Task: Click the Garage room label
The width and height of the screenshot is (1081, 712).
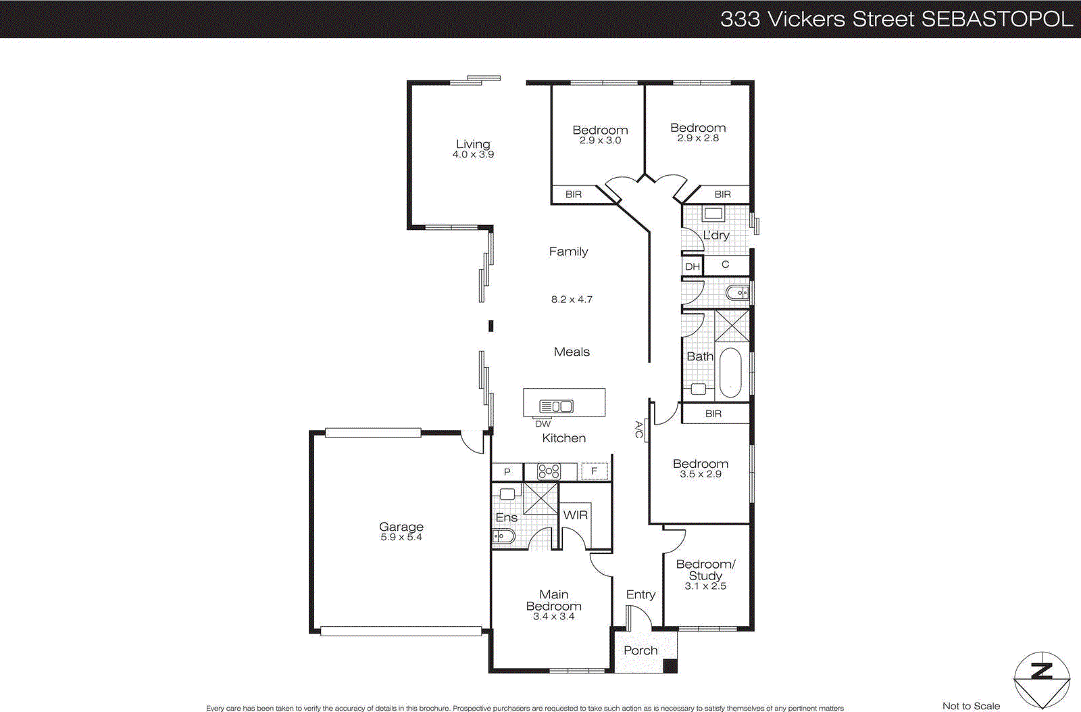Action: coord(401,526)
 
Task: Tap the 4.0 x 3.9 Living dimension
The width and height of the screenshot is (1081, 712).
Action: coord(473,155)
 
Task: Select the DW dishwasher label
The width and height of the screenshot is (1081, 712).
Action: coord(543,424)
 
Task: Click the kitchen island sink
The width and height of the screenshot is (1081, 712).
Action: coord(556,406)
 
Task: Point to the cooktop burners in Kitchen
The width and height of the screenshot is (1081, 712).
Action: coord(549,471)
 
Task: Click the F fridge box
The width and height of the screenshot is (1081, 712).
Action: coord(595,471)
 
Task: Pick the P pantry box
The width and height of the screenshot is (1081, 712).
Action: coord(507,472)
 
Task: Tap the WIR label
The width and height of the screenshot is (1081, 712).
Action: coord(576,515)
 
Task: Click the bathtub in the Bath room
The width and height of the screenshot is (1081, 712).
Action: coord(730,373)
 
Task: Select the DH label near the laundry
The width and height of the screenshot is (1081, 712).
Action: coord(693,266)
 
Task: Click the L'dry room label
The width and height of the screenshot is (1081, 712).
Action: coord(716,235)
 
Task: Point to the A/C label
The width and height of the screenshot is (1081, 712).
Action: coord(638,429)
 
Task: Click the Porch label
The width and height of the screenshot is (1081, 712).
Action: coord(640,650)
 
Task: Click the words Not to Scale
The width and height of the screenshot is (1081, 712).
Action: coord(971,706)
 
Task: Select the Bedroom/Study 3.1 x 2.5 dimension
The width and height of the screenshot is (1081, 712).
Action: coord(705,586)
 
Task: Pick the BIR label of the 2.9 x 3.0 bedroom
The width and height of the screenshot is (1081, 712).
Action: coord(574,195)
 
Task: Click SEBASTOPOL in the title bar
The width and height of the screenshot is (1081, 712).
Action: coord(997,19)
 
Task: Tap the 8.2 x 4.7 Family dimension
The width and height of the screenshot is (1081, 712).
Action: coord(572,300)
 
